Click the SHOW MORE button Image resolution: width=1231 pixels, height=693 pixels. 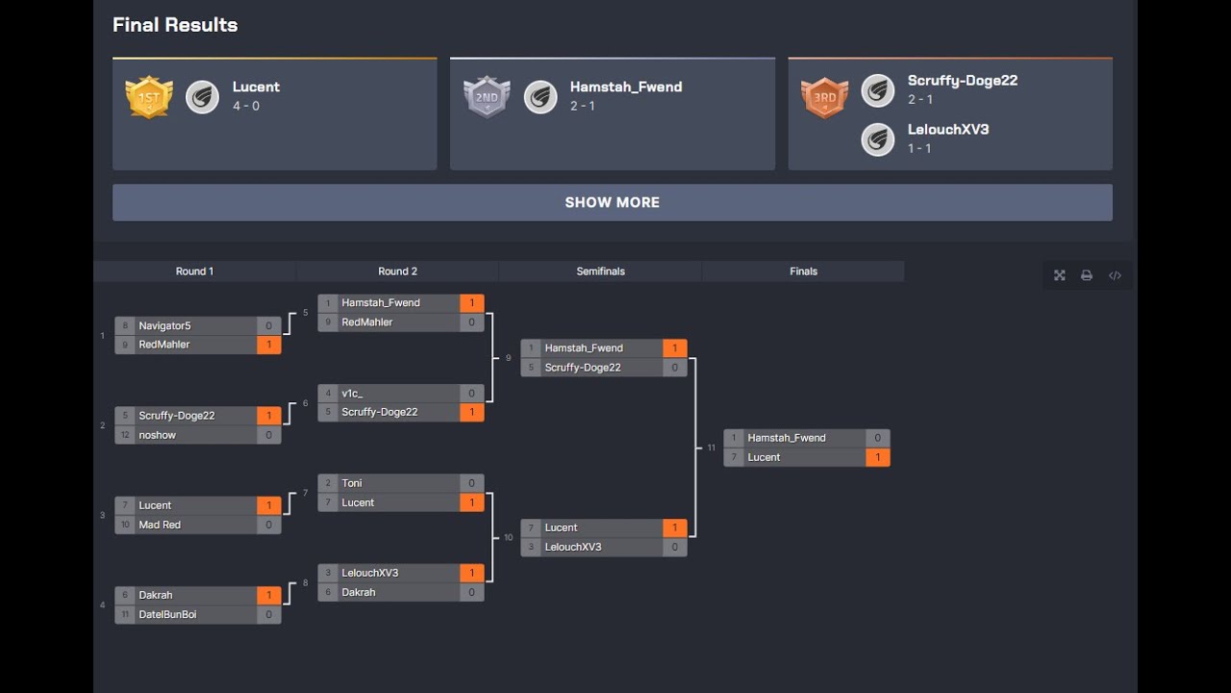coord(612,202)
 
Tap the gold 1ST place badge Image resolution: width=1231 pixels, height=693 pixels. coord(149,97)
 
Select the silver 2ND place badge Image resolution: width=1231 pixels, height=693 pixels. coord(487,97)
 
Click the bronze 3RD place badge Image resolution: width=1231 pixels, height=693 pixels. coord(824,97)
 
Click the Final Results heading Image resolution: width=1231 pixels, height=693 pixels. coord(175,25)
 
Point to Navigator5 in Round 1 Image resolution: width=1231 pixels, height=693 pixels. coord(164,326)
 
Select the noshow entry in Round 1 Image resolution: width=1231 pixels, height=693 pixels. coord(157,435)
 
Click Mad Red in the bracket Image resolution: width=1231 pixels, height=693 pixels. coord(160,525)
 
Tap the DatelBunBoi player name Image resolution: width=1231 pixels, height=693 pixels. coord(167,614)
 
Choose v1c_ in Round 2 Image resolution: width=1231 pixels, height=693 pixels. coord(352,394)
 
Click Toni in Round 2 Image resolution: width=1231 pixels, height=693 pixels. coord(352,483)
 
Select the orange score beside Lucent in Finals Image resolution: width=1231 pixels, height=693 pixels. coord(877,457)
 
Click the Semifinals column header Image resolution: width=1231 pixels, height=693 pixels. coord(600,271)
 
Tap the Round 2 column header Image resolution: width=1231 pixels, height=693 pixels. coord(397,271)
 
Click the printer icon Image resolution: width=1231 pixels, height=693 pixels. coord(1087,275)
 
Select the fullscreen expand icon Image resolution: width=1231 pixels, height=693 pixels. coord(1059,275)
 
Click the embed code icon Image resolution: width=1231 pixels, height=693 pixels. coord(1115,275)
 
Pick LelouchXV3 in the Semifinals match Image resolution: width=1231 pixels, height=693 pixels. coord(573,547)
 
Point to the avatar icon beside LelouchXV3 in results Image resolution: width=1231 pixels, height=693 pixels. coord(877,140)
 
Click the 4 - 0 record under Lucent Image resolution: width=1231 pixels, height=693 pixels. coord(246,106)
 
